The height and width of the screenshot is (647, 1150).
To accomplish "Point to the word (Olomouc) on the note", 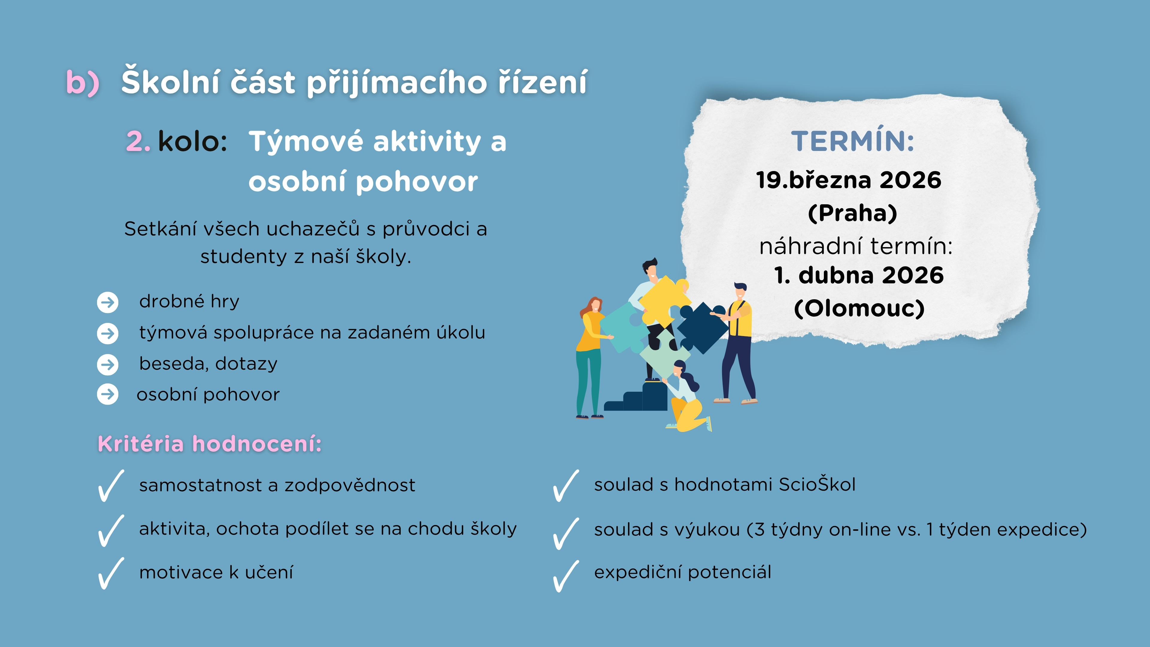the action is point(859,308).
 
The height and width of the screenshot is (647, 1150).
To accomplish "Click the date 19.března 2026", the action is point(849,180).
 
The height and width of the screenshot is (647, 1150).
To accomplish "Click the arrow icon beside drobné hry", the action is point(108,302).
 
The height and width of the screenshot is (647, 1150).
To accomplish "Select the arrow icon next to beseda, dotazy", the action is point(108,364).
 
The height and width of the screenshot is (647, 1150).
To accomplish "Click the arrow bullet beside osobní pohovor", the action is point(108,394).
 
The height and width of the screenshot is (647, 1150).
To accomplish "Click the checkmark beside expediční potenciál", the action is point(566,576).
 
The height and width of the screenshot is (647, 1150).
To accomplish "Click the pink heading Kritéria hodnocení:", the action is point(209,444).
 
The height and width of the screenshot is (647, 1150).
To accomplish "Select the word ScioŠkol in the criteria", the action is point(817,484).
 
